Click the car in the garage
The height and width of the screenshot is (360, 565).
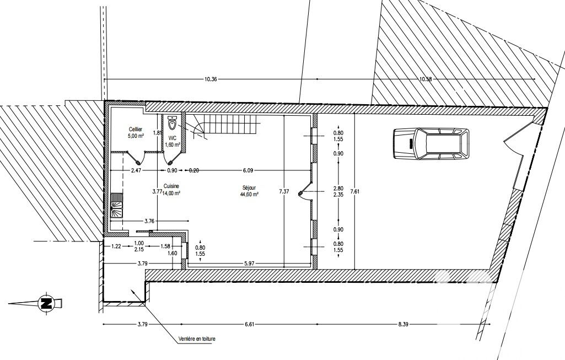[431, 143]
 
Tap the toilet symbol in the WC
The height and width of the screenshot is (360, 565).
[173, 123]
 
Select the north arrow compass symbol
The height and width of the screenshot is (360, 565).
[46, 303]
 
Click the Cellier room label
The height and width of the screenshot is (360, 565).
[136, 129]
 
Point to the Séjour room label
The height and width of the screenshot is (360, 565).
[249, 188]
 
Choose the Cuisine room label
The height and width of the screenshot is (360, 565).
[171, 186]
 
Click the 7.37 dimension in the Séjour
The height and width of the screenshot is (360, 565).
[284, 192]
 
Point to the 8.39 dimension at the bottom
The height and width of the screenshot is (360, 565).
[403, 324]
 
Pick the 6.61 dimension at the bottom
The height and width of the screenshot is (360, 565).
[249, 324]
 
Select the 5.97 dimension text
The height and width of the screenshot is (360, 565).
[249, 264]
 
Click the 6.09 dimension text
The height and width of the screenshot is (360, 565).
[248, 170]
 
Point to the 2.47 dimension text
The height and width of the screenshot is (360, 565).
[136, 170]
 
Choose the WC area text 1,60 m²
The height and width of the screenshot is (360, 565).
[172, 145]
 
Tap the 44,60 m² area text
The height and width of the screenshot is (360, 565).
[249, 194]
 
